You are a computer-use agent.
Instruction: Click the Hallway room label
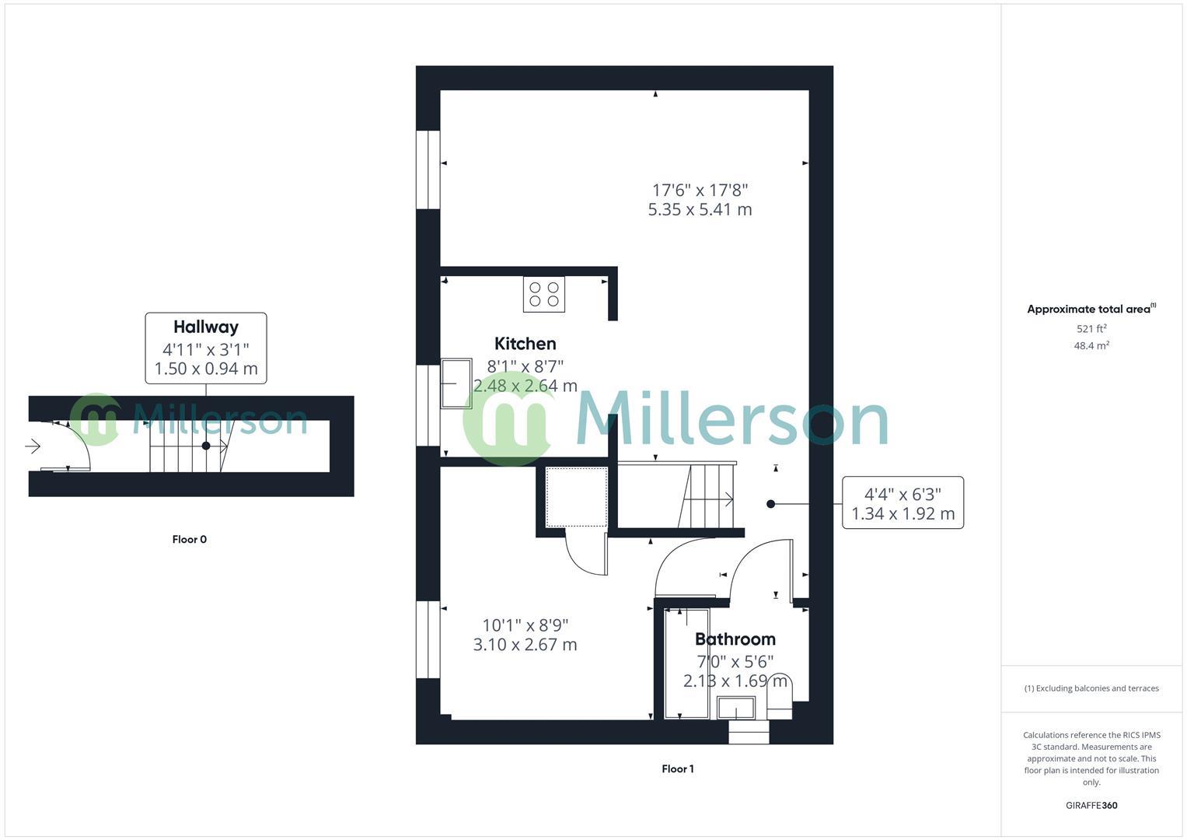click(205, 327)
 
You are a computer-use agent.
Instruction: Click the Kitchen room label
click(525, 344)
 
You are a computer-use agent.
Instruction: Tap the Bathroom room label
click(735, 639)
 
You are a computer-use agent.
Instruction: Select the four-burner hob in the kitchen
click(543, 294)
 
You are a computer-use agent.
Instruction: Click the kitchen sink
click(456, 383)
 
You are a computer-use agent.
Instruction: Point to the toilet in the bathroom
click(780, 696)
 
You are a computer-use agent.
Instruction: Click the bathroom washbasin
click(735, 709)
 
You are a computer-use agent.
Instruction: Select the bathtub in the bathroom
click(687, 663)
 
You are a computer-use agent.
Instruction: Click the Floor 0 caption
click(190, 539)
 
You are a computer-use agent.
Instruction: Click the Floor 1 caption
click(678, 768)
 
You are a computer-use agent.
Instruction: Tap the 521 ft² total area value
click(1091, 329)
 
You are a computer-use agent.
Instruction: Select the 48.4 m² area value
click(1091, 346)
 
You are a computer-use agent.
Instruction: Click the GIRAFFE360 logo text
click(1091, 805)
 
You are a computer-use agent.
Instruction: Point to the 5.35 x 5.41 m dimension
click(700, 209)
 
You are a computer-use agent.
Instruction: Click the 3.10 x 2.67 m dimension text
click(525, 644)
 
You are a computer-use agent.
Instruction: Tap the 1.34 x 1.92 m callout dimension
click(902, 513)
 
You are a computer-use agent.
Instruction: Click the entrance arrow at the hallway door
click(33, 446)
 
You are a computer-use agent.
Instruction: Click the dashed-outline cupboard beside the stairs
click(576, 497)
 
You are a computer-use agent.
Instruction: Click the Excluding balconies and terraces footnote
click(1091, 688)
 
